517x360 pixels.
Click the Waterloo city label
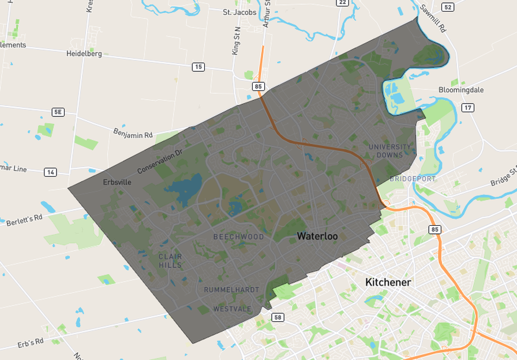click(x=317, y=236)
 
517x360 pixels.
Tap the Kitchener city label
click(x=388, y=282)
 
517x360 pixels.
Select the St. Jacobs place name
click(x=239, y=12)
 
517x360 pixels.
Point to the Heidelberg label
click(x=84, y=54)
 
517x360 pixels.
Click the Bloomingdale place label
click(x=461, y=90)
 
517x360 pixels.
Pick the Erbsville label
click(x=117, y=182)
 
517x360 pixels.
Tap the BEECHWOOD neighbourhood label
click(x=238, y=237)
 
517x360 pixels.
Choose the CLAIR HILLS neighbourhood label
click(x=170, y=261)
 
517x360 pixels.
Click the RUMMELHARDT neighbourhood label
click(x=231, y=290)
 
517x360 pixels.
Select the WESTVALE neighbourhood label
click(x=232, y=309)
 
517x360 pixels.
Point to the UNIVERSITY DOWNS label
click(x=390, y=151)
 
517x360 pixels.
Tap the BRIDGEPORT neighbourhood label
click(x=413, y=179)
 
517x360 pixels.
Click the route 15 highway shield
click(x=198, y=67)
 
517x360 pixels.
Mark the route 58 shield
click(x=278, y=317)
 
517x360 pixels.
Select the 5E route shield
click(x=58, y=112)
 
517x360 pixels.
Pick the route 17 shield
click(x=467, y=108)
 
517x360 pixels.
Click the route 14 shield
click(x=50, y=172)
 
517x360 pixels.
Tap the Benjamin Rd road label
click(x=133, y=133)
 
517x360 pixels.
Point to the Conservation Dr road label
click(x=160, y=162)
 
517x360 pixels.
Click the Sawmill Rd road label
click(x=432, y=18)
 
